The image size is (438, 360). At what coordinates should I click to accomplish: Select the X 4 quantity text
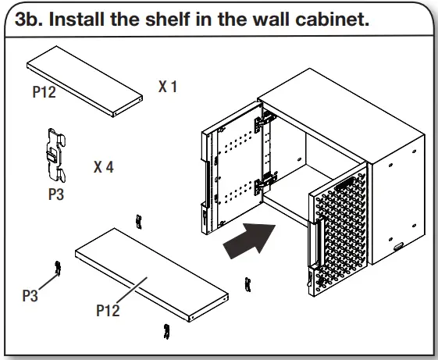coord(103,167)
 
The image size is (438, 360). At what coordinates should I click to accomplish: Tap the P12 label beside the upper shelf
coord(44,92)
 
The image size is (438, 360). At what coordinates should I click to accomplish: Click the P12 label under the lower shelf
coord(108,311)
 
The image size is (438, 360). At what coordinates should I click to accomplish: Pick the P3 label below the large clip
coord(56,194)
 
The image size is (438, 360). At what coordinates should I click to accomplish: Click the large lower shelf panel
coord(151,274)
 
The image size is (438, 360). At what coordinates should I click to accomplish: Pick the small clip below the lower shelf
coord(165,330)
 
